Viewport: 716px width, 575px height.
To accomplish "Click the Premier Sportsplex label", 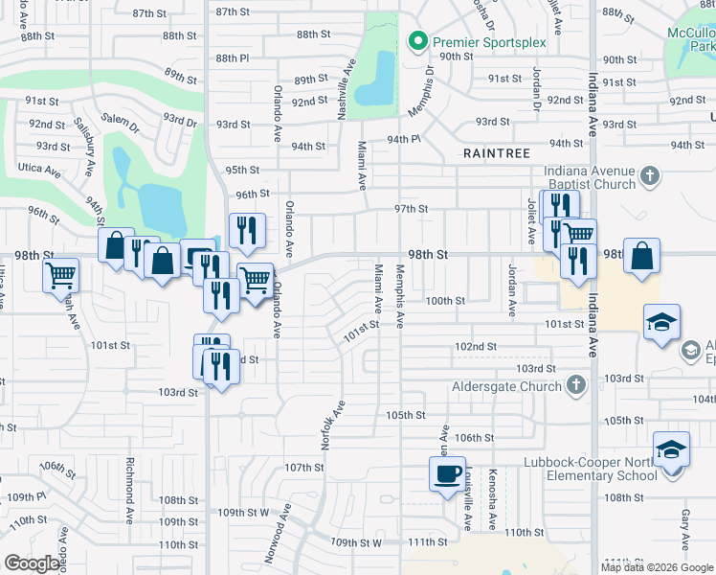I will click(x=476, y=41).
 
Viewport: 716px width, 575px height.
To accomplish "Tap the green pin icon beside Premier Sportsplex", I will click(x=416, y=41).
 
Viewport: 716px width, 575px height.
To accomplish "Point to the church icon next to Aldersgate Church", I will click(x=575, y=386).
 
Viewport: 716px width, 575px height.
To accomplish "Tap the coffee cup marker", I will click(x=447, y=474).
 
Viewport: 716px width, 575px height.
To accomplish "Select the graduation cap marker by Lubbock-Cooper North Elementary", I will click(x=671, y=448).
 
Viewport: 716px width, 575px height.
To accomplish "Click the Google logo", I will click(x=31, y=563).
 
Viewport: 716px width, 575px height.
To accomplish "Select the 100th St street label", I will click(x=445, y=300).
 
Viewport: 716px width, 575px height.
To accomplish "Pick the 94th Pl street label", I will click(x=404, y=139).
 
